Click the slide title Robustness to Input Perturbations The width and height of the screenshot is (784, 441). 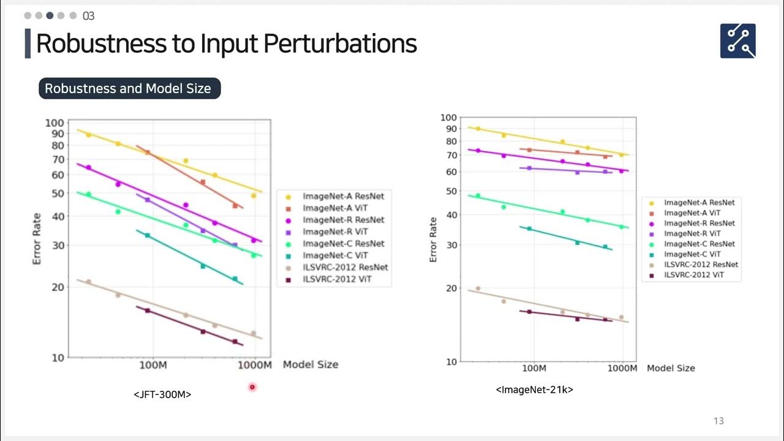point(227,44)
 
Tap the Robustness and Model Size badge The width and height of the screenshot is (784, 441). point(129,89)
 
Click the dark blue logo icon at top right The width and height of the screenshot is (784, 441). point(737,41)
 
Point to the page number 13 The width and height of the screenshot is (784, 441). point(718,421)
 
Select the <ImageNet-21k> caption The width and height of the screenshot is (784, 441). point(534,390)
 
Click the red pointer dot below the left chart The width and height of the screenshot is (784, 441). point(252,387)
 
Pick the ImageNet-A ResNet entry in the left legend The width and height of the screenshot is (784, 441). point(343,196)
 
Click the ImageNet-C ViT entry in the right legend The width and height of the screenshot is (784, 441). point(692,254)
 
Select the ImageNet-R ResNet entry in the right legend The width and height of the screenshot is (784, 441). point(699,223)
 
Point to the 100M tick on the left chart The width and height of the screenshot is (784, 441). point(153,365)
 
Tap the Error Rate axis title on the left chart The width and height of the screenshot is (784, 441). point(37,239)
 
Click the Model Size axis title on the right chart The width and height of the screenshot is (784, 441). point(671,368)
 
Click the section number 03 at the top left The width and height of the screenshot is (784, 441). point(88,16)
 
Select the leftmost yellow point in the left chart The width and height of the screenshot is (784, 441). point(88,135)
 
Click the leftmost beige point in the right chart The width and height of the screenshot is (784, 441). point(478,288)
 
